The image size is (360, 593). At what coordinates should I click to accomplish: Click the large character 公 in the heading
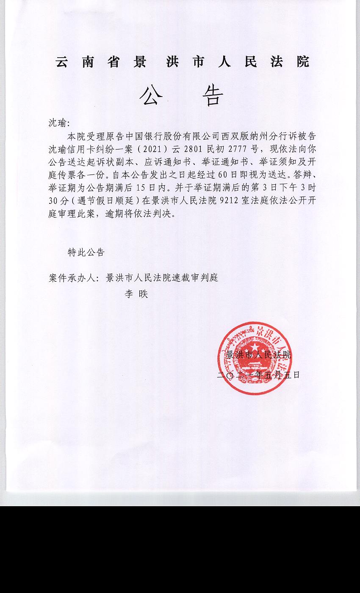pyautogui.click(x=151, y=95)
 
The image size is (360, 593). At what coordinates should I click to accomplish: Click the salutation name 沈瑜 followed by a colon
pyautogui.click(x=59, y=123)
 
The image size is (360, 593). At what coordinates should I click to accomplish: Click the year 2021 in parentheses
pyautogui.click(x=157, y=149)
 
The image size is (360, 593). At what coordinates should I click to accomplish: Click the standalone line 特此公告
pyautogui.click(x=86, y=252)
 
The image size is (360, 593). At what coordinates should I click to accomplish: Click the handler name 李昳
pyautogui.click(x=136, y=294)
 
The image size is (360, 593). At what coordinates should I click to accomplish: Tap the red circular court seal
pyautogui.click(x=255, y=358)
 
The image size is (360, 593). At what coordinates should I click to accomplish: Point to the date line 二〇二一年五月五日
pyautogui.click(x=258, y=375)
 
